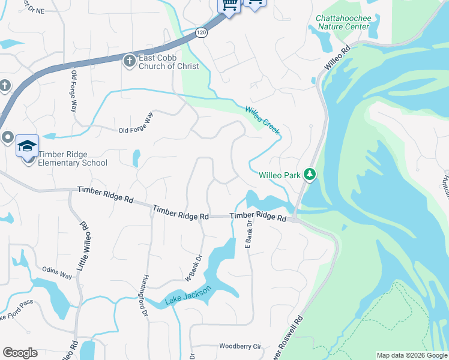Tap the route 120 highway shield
click(200, 34)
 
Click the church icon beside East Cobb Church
click(128, 61)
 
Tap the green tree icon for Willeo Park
click(310, 175)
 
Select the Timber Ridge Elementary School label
click(73, 158)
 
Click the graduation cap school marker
click(27, 146)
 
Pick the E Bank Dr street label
click(247, 233)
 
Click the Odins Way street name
click(57, 273)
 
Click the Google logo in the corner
click(20, 353)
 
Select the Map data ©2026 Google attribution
click(412, 355)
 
